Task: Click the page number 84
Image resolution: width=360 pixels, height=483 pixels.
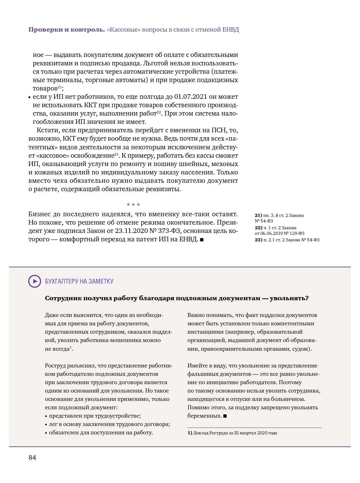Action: (x=32, y=458)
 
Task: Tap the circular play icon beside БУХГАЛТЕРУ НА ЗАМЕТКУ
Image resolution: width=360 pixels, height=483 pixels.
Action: (x=35, y=281)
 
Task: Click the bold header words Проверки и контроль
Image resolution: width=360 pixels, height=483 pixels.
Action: (x=67, y=30)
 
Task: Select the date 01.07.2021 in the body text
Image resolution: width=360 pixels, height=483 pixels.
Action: (x=190, y=97)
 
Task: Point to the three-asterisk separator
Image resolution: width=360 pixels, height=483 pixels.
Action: (x=133, y=205)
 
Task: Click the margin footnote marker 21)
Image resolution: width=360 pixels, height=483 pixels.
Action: (x=258, y=215)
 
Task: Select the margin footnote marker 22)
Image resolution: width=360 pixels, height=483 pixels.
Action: (x=258, y=228)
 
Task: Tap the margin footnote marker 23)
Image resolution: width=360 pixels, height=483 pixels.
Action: (x=258, y=240)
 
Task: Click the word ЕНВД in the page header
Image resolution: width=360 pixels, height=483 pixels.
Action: (x=231, y=30)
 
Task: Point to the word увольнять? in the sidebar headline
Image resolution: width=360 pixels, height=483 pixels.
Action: (x=289, y=298)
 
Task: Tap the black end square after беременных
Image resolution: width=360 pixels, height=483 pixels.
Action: (x=225, y=416)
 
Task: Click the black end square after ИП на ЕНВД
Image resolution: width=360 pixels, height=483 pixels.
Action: (x=202, y=239)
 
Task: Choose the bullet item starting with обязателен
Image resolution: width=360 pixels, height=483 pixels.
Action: (x=101, y=433)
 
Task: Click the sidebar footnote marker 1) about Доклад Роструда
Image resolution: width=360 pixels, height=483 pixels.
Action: (x=190, y=433)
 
